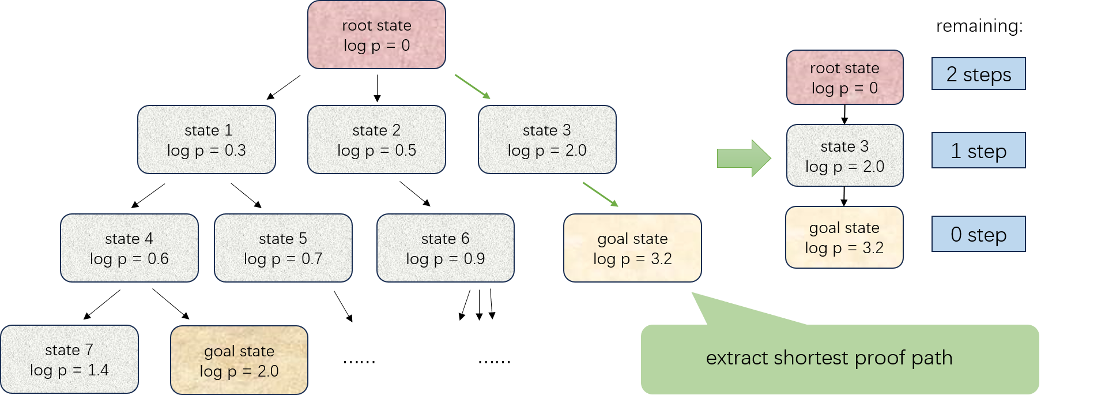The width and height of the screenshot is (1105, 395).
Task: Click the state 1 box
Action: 206,140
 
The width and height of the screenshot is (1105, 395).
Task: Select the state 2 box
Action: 376,140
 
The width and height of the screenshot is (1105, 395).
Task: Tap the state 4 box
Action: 129,248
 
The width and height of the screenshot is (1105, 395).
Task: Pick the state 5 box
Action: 283,248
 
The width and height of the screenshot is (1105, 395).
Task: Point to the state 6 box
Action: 445,248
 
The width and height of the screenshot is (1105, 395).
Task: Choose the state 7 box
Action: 69,359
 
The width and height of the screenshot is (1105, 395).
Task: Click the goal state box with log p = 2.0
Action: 239,360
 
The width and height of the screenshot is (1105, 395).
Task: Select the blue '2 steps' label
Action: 978,74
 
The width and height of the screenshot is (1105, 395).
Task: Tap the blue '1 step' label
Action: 978,151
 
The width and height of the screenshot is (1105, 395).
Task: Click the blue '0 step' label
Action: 978,234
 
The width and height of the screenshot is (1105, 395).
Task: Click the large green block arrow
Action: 743,158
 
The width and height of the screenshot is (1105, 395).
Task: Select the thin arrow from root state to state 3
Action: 472,86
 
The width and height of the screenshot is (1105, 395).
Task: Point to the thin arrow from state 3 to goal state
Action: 600,194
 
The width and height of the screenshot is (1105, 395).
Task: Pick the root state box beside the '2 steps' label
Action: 844,77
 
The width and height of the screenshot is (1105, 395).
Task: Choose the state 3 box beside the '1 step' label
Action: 844,156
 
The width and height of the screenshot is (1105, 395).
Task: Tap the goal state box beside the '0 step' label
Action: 844,237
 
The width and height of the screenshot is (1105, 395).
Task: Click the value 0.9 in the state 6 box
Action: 474,259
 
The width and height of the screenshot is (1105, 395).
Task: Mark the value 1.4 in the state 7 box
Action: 98,370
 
